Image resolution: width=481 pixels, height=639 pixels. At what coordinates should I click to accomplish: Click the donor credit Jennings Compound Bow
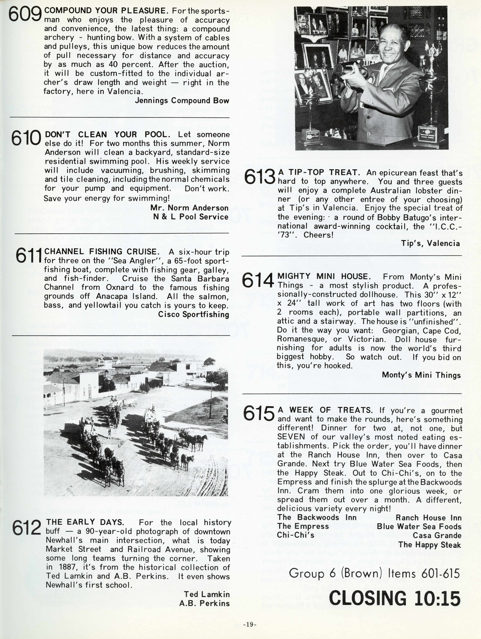(182, 101)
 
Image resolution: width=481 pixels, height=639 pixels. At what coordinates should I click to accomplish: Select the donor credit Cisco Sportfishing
(193, 314)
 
